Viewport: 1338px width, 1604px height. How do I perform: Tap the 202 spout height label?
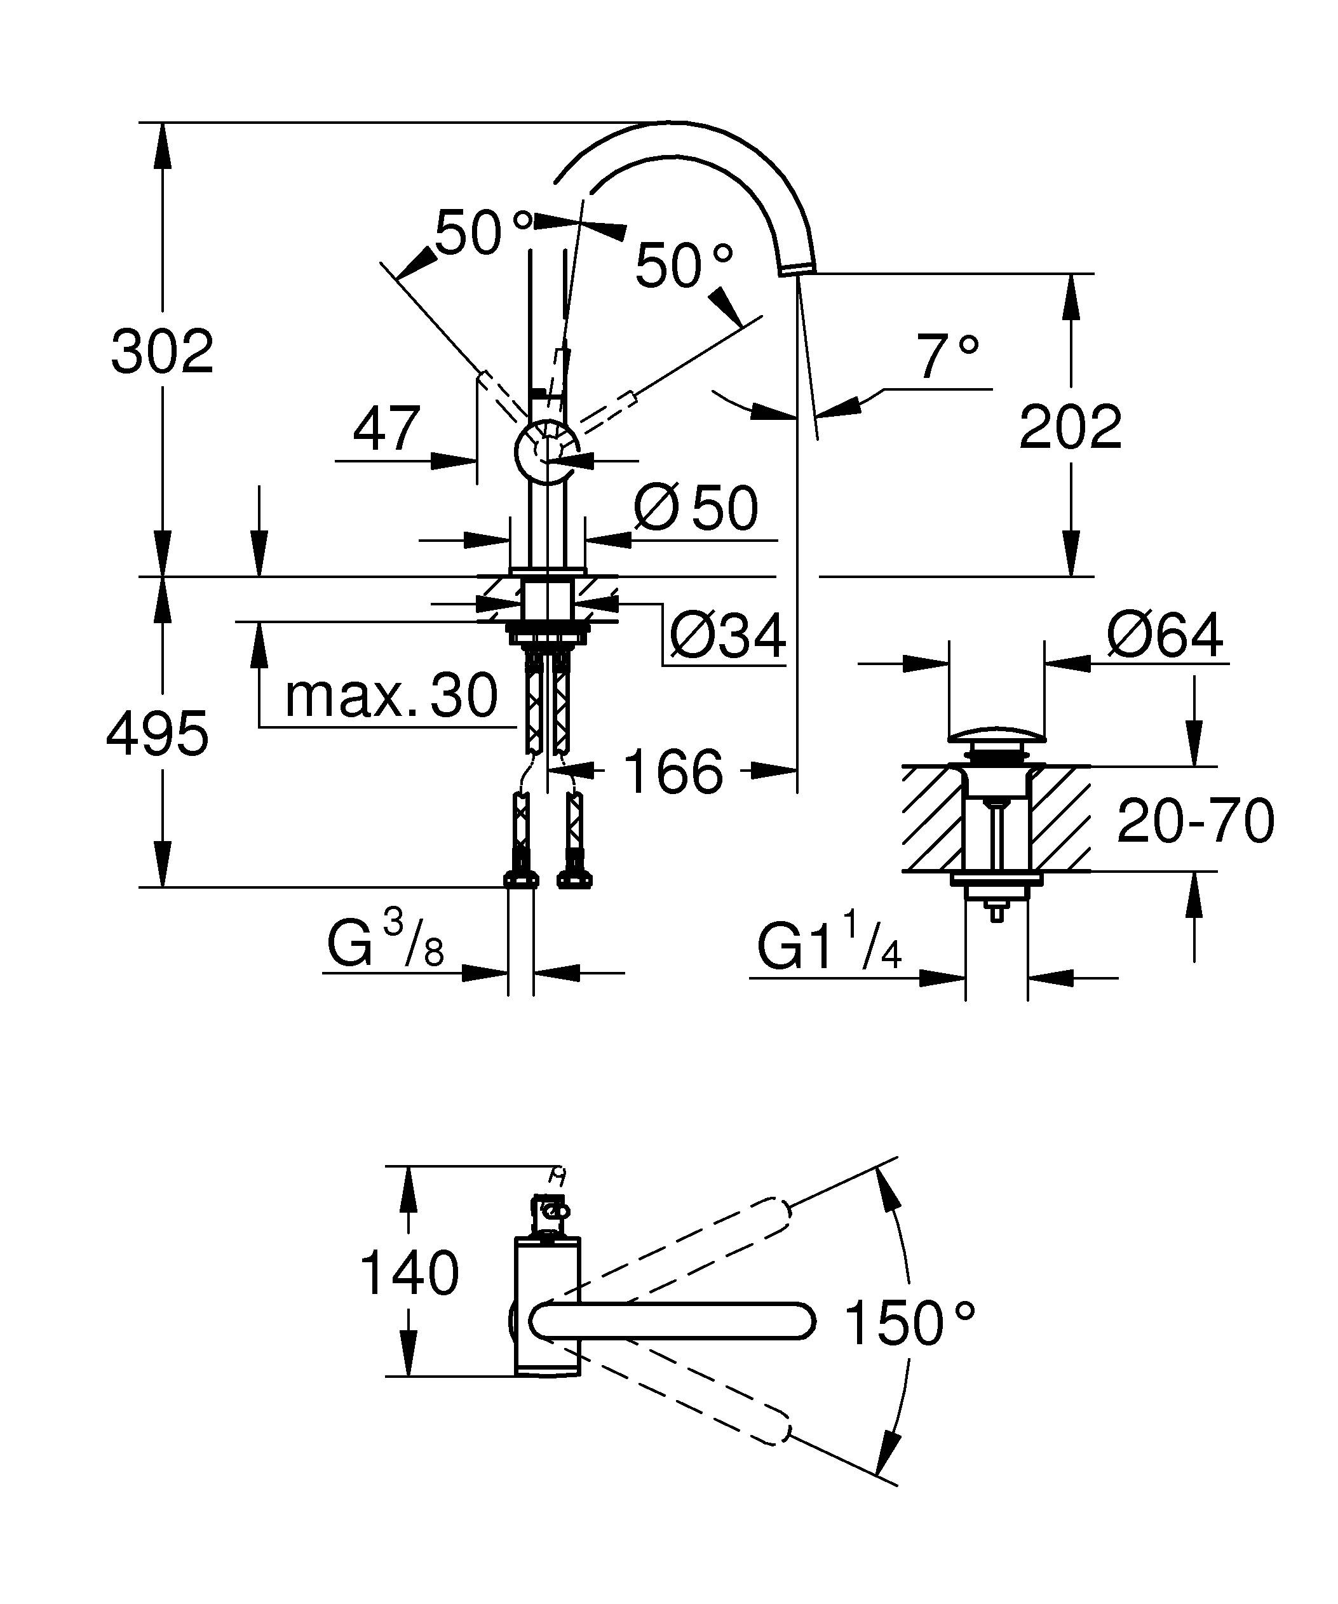point(1070,429)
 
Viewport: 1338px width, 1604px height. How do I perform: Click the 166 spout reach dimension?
point(673,771)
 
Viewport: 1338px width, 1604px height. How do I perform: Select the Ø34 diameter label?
point(726,635)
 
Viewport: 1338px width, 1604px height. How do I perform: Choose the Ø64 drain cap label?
point(1164,635)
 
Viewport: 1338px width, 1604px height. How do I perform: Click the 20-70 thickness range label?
point(1195,821)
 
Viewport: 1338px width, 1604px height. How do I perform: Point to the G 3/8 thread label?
point(386,945)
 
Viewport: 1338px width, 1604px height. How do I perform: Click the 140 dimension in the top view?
point(409,1273)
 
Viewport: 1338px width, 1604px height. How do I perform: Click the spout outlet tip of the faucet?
point(797,267)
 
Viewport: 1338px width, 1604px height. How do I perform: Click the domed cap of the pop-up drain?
point(996,736)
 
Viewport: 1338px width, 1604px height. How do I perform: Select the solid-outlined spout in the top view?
point(672,1321)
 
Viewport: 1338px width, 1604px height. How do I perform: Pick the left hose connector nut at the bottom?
point(521,879)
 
